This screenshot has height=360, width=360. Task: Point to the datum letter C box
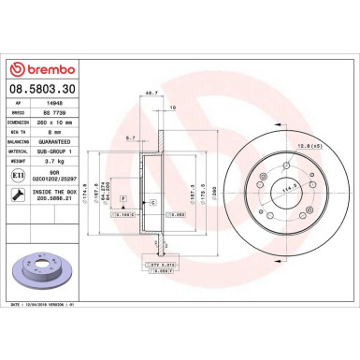tap(152, 201)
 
